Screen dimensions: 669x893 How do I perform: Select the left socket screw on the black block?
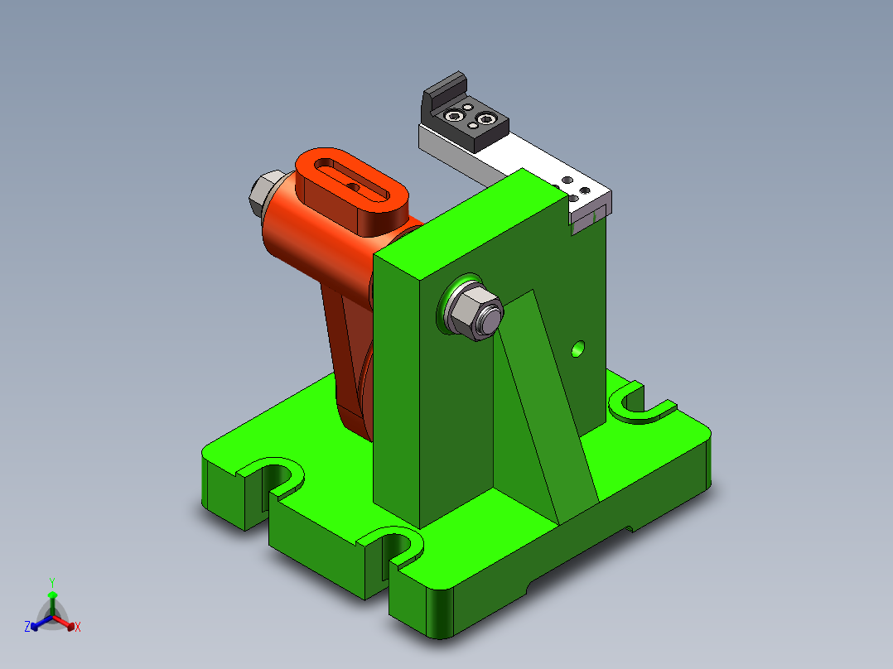coord(452,115)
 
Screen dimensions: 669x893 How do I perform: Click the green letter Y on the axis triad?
coord(51,581)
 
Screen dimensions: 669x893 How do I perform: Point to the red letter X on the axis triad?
coord(78,628)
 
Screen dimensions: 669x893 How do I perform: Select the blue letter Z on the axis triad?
coord(27,628)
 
